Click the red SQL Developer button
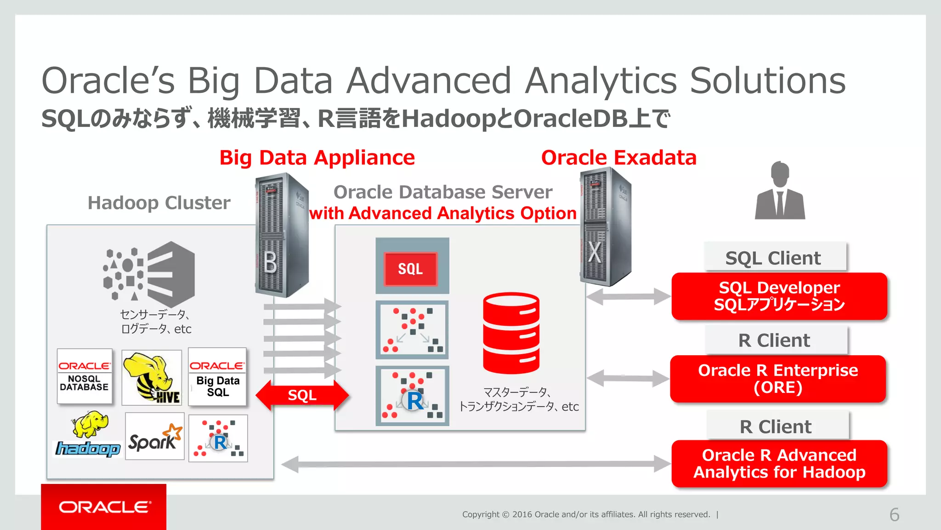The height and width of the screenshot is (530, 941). (x=779, y=296)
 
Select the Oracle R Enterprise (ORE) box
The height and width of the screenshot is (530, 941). (x=777, y=379)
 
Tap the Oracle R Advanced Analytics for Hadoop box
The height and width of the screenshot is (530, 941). (x=779, y=463)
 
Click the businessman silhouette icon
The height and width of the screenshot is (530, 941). (x=780, y=191)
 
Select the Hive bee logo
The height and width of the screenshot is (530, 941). (x=152, y=377)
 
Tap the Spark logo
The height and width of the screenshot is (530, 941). (x=154, y=437)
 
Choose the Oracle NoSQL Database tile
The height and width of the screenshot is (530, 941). (x=85, y=376)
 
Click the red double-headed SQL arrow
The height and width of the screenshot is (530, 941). (x=302, y=395)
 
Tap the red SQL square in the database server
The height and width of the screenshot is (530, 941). (x=410, y=269)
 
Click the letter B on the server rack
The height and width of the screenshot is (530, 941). (x=271, y=263)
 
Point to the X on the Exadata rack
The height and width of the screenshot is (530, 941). (x=595, y=252)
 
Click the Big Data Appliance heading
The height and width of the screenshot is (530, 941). (x=317, y=158)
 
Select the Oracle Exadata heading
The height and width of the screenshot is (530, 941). (x=618, y=158)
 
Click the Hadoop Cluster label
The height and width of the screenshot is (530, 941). (x=159, y=203)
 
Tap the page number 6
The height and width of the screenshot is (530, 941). (x=894, y=514)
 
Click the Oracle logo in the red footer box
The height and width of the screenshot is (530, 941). (x=104, y=507)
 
